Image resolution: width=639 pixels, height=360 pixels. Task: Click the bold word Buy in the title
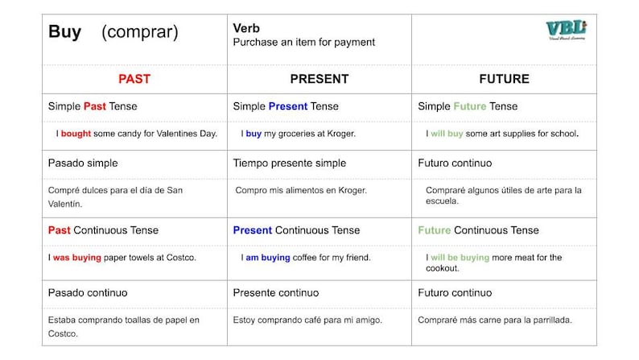click(x=64, y=32)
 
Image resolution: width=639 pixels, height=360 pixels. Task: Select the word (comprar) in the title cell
click(x=139, y=33)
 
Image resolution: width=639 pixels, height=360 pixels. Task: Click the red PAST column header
click(x=134, y=79)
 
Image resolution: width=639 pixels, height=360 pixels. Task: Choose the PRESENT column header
click(x=319, y=79)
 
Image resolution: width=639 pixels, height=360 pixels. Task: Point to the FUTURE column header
click(x=504, y=79)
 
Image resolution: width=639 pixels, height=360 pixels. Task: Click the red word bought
click(x=76, y=134)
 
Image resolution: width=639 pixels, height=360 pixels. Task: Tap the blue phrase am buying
click(x=265, y=258)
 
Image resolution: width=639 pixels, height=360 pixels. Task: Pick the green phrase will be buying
click(x=460, y=258)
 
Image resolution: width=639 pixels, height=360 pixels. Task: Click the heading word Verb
click(x=246, y=28)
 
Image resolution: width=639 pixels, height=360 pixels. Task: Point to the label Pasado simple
click(x=83, y=163)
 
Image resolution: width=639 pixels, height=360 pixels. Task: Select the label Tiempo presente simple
click(x=289, y=163)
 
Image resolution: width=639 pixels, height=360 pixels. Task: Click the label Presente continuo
click(x=275, y=292)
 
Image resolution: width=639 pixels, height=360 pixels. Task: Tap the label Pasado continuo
click(x=88, y=292)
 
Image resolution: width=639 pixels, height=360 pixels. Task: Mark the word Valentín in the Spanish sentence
click(x=65, y=204)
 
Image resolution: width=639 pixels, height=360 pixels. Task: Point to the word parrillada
click(x=547, y=320)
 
